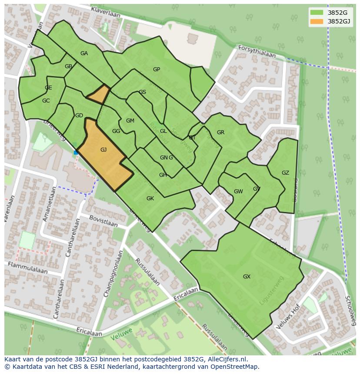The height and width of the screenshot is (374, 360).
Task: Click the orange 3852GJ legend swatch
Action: [x=317, y=21]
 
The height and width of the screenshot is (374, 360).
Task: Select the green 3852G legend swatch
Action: [x=317, y=13]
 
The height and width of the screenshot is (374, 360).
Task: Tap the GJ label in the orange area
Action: [x=103, y=150]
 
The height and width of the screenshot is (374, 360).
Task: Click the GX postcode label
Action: [x=247, y=277]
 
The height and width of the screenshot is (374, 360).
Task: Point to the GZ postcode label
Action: [x=285, y=173]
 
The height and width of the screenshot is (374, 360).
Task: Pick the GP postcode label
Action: [x=157, y=70]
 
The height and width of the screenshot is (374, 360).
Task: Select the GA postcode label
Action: [x=84, y=53]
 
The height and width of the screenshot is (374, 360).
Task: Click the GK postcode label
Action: [x=150, y=199]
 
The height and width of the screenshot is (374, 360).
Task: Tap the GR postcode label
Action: [x=220, y=132]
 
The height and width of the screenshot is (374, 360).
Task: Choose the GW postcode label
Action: [x=238, y=192]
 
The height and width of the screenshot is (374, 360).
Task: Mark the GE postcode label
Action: [x=48, y=88]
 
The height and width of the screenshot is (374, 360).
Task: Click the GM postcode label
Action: [x=130, y=121]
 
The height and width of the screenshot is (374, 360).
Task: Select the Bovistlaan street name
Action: [x=103, y=221]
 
